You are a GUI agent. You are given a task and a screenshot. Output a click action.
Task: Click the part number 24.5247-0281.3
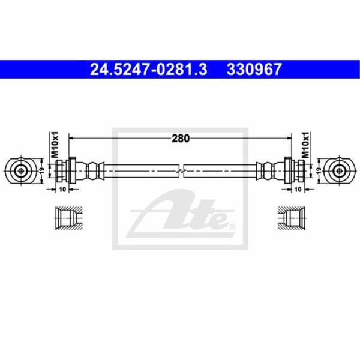point(149,70)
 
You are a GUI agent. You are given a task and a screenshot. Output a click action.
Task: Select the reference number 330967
point(254,70)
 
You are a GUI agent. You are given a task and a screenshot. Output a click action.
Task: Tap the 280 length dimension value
point(181,139)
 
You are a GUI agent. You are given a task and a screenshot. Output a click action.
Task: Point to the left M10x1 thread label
point(55,145)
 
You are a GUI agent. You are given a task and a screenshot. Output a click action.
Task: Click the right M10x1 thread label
point(305,145)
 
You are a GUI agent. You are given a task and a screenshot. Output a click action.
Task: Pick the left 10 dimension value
point(62,190)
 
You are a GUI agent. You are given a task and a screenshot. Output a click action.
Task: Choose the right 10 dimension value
point(298,190)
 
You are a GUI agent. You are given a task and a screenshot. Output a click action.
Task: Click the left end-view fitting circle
point(21,171)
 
